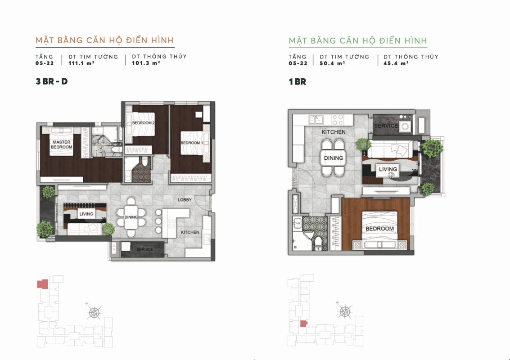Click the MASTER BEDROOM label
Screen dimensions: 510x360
[62, 145]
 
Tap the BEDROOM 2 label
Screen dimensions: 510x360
[143, 123]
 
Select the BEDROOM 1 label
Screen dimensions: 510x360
[192, 143]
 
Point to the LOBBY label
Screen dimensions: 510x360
[185, 200]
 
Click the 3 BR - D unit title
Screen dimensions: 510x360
[52, 81]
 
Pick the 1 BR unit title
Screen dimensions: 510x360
[297, 81]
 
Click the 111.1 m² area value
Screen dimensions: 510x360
[81, 63]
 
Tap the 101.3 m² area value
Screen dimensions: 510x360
[146, 63]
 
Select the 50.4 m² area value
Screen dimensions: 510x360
[332, 63]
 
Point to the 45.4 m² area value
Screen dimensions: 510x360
[396, 63]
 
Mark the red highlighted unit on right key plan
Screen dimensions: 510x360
[303, 324]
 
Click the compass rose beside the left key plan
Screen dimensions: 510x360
[95, 312]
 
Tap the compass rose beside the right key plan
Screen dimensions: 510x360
[345, 311]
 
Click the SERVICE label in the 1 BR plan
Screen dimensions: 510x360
[386, 126]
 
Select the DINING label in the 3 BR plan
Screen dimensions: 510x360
[131, 217]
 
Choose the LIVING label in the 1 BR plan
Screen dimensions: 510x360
[388, 169]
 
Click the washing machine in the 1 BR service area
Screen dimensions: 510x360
[405, 126]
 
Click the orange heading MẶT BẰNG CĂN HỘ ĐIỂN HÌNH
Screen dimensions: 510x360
[105, 40]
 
